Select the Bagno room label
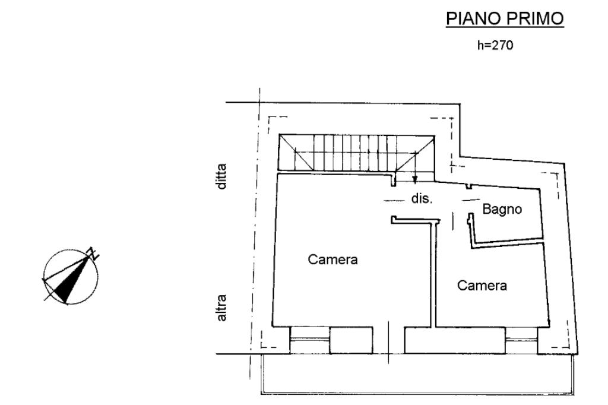[502, 210]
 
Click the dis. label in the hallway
[422, 199]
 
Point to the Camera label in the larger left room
[332, 260]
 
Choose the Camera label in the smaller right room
[482, 286]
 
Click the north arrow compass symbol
[70, 276]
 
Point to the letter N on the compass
[93, 253]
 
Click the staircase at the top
[356, 152]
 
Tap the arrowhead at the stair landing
[415, 179]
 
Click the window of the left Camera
[309, 339]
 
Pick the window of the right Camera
[523, 340]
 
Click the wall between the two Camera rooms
[433, 273]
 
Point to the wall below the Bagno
[508, 242]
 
